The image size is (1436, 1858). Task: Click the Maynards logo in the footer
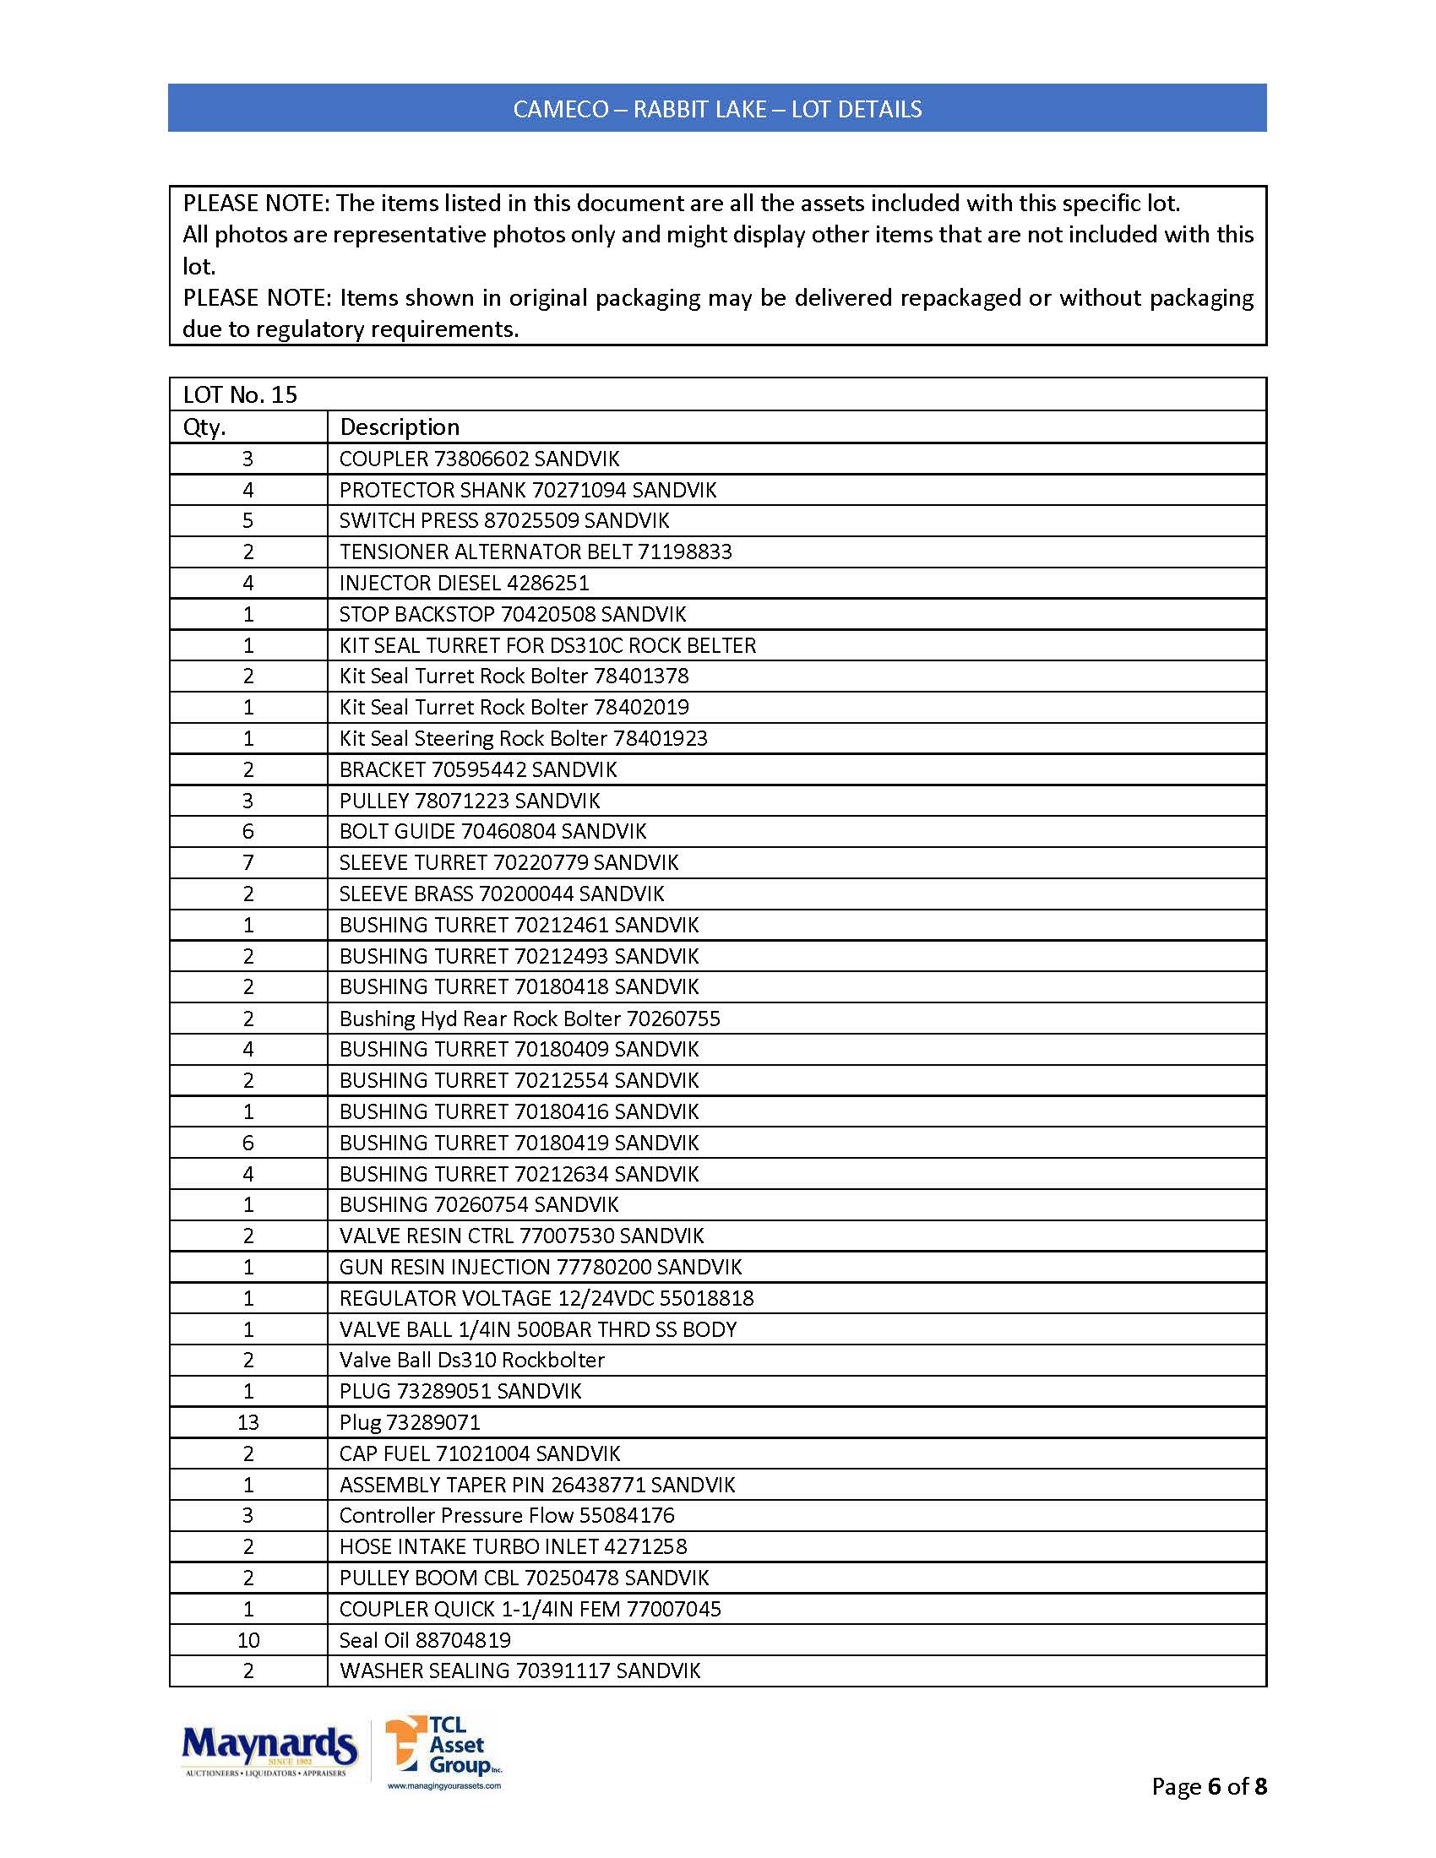(268, 1749)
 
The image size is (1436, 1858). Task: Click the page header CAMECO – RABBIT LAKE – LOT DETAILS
(717, 109)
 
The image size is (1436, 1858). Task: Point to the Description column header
(399, 427)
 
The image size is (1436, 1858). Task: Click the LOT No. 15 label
(240, 394)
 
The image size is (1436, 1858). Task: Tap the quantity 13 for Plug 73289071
(247, 1422)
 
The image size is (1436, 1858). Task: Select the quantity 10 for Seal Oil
(247, 1640)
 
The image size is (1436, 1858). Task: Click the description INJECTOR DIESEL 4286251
(464, 583)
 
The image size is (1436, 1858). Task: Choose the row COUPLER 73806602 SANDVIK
(479, 459)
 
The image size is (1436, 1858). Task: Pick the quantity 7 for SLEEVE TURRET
(247, 862)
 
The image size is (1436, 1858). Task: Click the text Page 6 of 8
(1209, 1786)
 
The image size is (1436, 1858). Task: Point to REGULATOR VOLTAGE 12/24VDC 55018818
(547, 1298)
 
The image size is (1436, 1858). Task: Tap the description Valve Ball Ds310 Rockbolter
(471, 1361)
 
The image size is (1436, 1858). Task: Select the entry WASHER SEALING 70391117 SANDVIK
(519, 1671)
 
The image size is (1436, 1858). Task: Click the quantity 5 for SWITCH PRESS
(247, 520)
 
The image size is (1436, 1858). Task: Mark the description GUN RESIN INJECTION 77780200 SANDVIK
(541, 1267)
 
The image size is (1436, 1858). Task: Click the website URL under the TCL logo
(444, 1786)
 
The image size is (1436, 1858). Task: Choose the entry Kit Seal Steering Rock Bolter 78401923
(523, 738)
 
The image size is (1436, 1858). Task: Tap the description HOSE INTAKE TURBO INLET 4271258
(513, 1546)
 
